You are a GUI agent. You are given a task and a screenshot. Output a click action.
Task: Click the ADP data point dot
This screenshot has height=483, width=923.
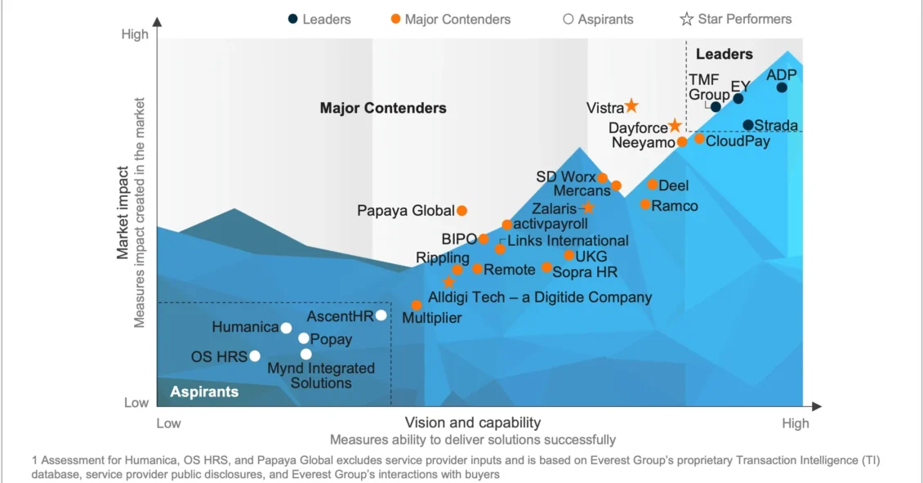point(782,87)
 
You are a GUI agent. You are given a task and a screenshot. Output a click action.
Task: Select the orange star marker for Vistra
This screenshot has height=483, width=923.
point(631,106)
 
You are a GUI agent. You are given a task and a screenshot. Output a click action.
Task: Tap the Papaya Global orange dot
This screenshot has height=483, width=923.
point(461,211)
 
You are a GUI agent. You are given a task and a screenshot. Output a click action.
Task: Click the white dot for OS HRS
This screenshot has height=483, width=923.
point(255,356)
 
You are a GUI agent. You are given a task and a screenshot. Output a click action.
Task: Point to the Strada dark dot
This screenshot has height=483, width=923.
point(748,125)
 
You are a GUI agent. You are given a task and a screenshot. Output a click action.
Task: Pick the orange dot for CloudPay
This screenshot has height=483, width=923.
point(699,139)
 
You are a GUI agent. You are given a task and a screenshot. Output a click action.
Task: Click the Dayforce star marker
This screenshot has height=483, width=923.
point(675,126)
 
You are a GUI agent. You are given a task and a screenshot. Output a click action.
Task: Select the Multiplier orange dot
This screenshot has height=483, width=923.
point(417,305)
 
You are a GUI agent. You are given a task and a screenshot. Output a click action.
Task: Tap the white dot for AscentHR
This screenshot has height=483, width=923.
point(381,315)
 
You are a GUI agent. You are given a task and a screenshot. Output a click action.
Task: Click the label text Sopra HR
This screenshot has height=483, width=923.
point(585,272)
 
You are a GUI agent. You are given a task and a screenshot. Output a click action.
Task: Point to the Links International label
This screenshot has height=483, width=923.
point(568,240)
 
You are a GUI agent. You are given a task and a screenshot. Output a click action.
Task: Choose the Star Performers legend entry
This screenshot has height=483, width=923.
point(736,19)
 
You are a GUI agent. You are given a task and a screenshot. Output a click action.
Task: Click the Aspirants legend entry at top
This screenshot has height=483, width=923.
point(598,19)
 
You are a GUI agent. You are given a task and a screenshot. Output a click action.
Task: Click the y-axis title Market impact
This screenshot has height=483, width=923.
point(123,213)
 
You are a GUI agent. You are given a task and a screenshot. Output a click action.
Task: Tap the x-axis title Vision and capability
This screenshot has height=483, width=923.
point(473,423)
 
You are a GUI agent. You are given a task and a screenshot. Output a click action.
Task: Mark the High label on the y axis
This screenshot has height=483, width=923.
point(135,34)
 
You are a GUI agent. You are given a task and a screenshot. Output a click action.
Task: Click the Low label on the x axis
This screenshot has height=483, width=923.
point(168,423)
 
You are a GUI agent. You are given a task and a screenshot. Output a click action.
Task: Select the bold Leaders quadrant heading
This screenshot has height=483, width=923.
point(724,54)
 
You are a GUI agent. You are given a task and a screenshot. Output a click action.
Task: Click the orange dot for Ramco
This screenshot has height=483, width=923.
point(645,204)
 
